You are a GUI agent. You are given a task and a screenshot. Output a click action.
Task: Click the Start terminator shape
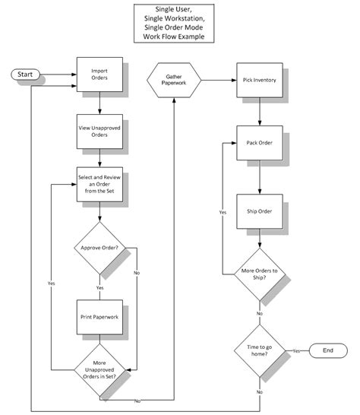[25, 75]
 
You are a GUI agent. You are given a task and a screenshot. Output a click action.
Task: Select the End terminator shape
[328, 350]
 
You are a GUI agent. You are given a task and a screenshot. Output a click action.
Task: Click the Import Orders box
[99, 75]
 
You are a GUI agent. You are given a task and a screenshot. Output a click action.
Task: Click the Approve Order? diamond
[99, 247]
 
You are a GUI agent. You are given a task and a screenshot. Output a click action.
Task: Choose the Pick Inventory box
[260, 80]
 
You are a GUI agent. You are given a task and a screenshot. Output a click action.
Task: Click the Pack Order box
[260, 142]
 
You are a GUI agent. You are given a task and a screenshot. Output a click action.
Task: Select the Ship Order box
[260, 211]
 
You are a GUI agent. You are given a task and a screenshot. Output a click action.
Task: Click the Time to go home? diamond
[260, 350]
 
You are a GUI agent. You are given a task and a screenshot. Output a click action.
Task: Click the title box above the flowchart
[175, 23]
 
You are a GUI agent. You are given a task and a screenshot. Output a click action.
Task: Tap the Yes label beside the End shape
[295, 350]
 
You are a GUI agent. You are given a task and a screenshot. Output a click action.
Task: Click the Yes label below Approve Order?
[99, 288]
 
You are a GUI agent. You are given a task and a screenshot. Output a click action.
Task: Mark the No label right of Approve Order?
[137, 271]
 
